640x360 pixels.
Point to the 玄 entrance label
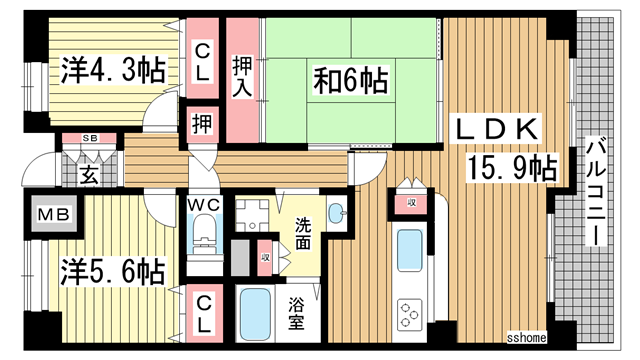pos(88,177)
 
